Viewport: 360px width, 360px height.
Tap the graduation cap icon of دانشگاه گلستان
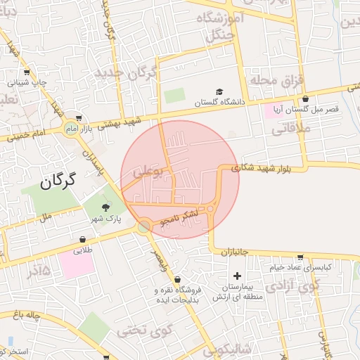(219, 92)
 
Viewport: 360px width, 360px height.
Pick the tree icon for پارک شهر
(105, 207)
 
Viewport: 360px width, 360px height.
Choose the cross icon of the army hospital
(237, 276)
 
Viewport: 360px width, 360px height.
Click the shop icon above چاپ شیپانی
(27, 72)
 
